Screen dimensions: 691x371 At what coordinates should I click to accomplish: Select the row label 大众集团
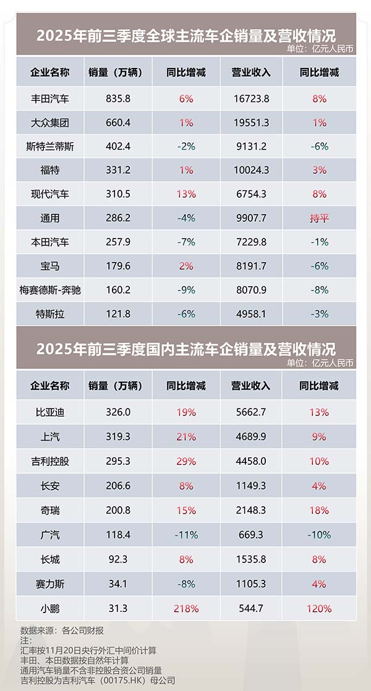50,122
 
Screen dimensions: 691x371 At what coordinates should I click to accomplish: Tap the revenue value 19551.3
251,122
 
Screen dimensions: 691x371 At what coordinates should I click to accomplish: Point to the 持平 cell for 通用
320,218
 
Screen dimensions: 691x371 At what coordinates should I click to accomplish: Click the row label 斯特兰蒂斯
50,146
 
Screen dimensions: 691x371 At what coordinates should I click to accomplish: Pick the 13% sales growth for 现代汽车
186,194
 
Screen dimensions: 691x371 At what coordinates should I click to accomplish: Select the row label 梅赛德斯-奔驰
50,290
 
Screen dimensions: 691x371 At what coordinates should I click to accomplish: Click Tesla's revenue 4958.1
251,314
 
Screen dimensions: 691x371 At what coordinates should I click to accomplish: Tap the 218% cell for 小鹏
186,609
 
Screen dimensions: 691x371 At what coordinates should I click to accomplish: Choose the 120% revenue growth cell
320,609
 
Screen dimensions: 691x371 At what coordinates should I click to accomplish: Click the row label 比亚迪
50,412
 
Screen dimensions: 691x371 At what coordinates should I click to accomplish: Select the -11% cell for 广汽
186,535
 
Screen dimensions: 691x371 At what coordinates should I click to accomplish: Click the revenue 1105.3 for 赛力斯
251,584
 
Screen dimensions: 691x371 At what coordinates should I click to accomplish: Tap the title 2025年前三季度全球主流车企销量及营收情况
185,35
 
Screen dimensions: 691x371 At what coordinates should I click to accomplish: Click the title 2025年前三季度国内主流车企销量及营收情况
185,348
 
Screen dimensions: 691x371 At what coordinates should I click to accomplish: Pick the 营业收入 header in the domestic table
251,386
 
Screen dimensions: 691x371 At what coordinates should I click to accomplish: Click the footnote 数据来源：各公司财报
62,631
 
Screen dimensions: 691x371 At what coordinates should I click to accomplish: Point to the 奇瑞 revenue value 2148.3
251,511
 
